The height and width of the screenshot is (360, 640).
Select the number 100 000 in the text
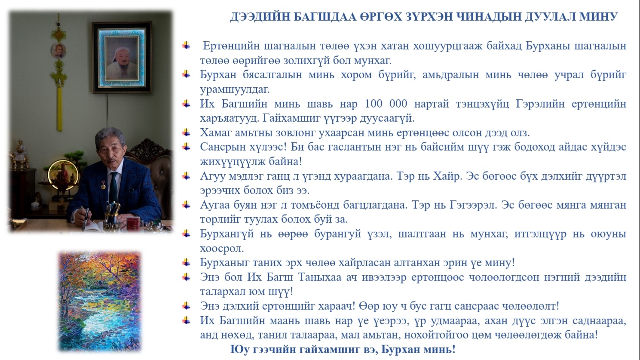click(386, 104)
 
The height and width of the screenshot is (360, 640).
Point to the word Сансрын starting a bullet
click(222, 147)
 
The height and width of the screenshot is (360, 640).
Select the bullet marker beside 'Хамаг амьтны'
click(186, 132)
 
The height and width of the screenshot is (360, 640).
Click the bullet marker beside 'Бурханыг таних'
click(186, 262)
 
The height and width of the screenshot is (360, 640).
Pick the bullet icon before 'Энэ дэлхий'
click(186, 306)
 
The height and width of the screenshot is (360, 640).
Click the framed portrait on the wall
click(122, 58)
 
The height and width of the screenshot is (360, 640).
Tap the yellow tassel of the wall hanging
click(59, 109)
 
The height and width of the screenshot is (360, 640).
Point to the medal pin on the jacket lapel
click(103, 186)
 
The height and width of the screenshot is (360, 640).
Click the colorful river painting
click(100, 302)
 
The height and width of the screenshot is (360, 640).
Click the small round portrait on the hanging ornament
click(59, 51)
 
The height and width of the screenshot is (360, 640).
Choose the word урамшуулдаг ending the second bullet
click(234, 89)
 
